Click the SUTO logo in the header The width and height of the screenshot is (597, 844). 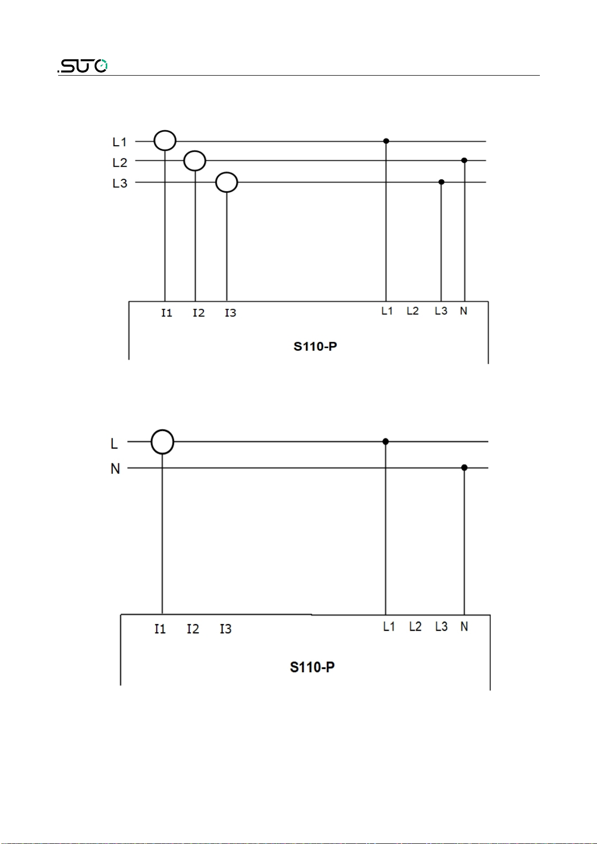coord(83,66)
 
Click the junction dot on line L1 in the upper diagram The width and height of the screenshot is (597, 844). coord(386,141)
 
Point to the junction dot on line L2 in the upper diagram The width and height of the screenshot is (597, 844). coord(464,160)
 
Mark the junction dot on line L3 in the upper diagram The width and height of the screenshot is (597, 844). coord(441,182)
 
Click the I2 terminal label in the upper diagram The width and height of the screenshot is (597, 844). coord(198,313)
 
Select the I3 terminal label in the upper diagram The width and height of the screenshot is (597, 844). coord(231,313)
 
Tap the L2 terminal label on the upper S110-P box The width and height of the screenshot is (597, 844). coord(413,311)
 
